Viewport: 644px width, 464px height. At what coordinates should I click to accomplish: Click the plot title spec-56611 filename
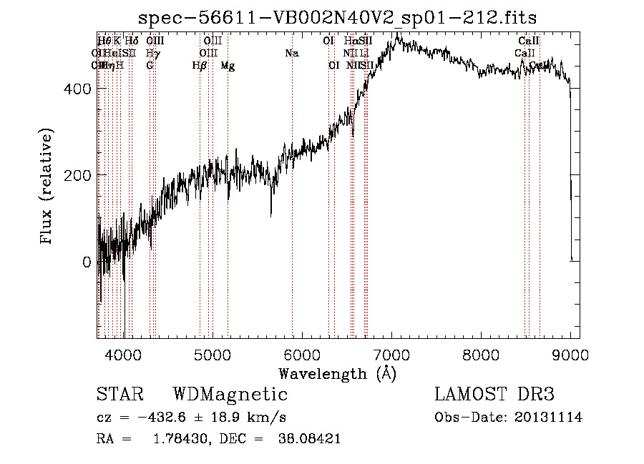coord(338,17)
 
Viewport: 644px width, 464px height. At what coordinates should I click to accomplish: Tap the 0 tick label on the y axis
coord(87,262)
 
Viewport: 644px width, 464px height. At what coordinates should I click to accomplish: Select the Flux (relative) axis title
coord(48,187)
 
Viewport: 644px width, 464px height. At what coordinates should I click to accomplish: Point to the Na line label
coord(291,53)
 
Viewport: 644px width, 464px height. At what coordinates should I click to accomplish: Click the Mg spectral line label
coord(228,65)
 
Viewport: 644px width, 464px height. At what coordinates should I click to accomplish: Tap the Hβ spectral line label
coord(200,65)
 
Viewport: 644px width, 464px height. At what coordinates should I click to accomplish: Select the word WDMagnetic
coord(230,395)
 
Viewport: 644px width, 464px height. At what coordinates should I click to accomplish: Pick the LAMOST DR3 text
coord(494,395)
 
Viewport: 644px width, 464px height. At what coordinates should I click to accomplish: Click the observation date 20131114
coord(547,418)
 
